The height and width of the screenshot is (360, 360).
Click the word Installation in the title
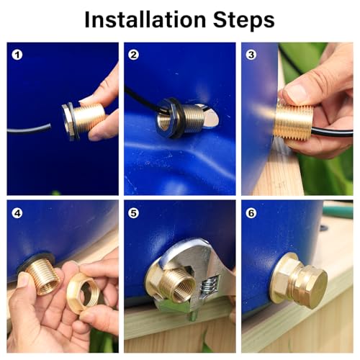(x=145, y=19)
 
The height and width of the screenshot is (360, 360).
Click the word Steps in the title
(x=243, y=19)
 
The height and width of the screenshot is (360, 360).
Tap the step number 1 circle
(x=17, y=55)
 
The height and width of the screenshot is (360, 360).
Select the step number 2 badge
(x=133, y=55)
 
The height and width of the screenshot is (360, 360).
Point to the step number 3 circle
(x=251, y=55)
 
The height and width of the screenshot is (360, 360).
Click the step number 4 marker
(x=17, y=213)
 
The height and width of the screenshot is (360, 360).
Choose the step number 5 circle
(x=133, y=213)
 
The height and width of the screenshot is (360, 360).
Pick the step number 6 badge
(x=251, y=213)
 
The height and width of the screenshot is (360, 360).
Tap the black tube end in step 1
(x=49, y=126)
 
